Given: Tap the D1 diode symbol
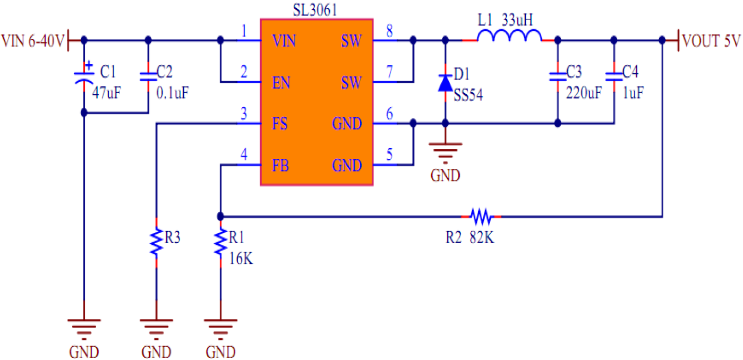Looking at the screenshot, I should [445, 82].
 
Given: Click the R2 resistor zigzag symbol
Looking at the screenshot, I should [481, 216].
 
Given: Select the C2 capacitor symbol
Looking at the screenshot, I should [148, 76].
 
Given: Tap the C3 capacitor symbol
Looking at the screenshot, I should [557, 76].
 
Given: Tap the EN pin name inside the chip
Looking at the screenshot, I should [280, 82].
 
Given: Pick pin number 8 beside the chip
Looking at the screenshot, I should [389, 31].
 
